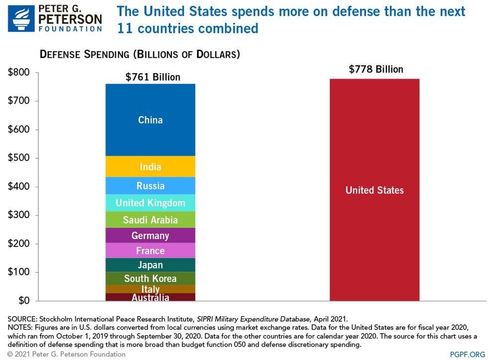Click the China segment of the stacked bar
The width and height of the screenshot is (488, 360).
(150, 120)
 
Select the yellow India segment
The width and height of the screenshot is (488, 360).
(150, 167)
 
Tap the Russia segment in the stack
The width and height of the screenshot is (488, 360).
(150, 186)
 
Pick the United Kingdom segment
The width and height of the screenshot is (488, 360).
(150, 203)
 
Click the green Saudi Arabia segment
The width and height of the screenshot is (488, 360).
(150, 220)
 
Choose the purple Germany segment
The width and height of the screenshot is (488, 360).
(150, 236)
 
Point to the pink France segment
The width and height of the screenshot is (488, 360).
(150, 250)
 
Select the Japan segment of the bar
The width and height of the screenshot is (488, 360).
(150, 265)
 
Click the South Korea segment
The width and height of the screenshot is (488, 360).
(150, 278)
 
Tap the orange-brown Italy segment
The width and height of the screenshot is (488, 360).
(150, 289)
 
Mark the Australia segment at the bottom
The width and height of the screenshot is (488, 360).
(150, 297)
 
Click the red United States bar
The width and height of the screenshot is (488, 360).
(374, 190)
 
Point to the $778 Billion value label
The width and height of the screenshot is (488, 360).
(375, 69)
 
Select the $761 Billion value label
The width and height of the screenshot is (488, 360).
(152, 77)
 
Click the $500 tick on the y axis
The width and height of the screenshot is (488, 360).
(19, 158)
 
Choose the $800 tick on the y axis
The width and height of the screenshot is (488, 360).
(19, 73)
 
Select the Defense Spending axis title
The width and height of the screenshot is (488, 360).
(139, 54)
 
